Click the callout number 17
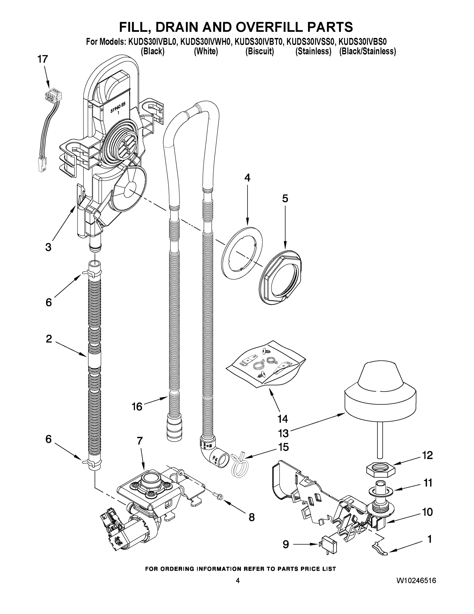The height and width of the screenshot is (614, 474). [x=43, y=59]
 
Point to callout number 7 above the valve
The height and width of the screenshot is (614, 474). [x=140, y=441]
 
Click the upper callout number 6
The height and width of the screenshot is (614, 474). [x=49, y=302]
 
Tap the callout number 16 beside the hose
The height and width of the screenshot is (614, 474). [x=137, y=407]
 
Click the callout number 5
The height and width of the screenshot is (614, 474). [x=285, y=199]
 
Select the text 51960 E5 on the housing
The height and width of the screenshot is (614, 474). [x=119, y=107]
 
